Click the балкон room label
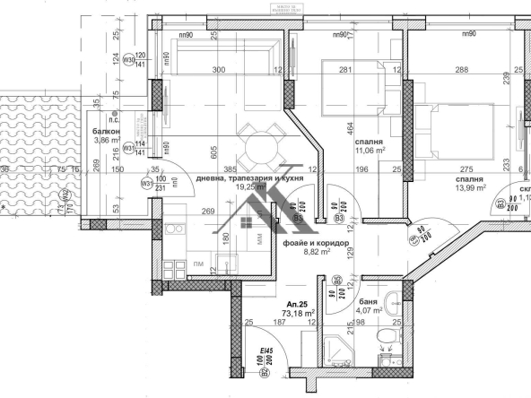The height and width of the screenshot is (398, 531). [x=107, y=130]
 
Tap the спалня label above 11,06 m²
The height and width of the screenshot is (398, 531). [x=369, y=143]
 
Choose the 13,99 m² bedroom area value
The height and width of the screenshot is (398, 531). [x=467, y=188]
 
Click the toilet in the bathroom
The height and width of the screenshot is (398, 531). [x=386, y=336]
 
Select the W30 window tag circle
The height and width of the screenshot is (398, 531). [x=128, y=61]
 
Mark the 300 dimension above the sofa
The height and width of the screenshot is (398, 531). [x=218, y=70]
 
